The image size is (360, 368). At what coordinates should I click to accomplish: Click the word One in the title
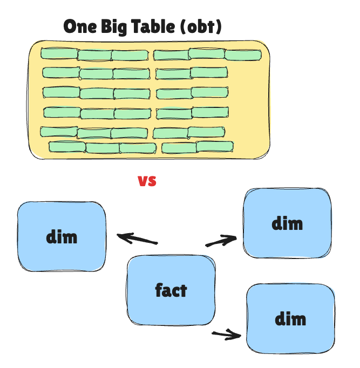tap(81, 26)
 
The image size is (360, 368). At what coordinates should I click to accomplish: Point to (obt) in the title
tap(202, 26)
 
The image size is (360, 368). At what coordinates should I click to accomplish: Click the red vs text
tap(147, 181)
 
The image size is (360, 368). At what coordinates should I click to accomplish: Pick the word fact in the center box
tap(171, 290)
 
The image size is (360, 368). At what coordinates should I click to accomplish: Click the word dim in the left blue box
tap(62, 236)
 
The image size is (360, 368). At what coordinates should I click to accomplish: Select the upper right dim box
tap(287, 223)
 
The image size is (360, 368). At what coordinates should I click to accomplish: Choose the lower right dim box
tap(290, 318)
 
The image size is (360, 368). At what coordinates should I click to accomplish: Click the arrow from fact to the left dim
tap(137, 238)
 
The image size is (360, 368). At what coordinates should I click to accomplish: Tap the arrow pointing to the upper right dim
tap(221, 241)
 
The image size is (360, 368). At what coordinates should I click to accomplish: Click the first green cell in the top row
tap(59, 53)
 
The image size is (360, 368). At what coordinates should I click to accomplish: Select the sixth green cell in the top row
tap(243, 54)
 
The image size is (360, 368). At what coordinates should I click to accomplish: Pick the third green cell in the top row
tap(130, 55)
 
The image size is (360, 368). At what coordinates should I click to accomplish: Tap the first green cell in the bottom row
tap(67, 146)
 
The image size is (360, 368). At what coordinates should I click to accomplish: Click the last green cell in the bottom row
tap(214, 146)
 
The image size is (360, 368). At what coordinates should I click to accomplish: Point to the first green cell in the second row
tap(61, 72)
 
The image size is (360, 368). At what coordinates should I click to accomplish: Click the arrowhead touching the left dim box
tap(122, 236)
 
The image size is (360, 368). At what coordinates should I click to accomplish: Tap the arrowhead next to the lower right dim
tap(236, 335)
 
